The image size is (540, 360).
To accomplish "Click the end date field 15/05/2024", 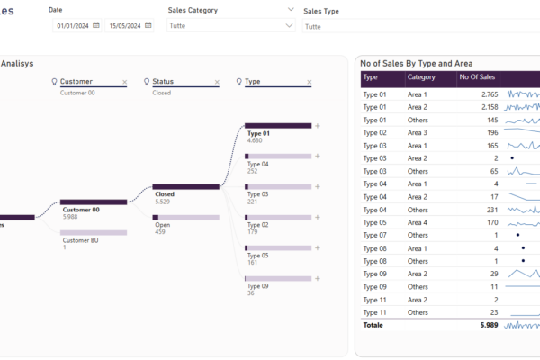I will point(124,26).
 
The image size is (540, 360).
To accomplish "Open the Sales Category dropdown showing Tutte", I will point(230,26).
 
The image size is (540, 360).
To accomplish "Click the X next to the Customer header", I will point(124,82).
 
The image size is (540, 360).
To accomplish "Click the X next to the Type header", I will point(310,82).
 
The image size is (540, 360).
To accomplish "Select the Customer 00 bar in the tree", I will point(93,202).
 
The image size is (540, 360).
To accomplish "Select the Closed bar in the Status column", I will point(186,186).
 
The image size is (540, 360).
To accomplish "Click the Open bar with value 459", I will point(186,217).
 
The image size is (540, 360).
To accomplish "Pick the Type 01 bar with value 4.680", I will point(278,126).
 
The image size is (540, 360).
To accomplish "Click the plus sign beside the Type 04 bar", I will point(317,156).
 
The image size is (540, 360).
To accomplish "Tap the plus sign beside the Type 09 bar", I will point(317,278).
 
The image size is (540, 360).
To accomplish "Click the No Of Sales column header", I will point(477,78).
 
